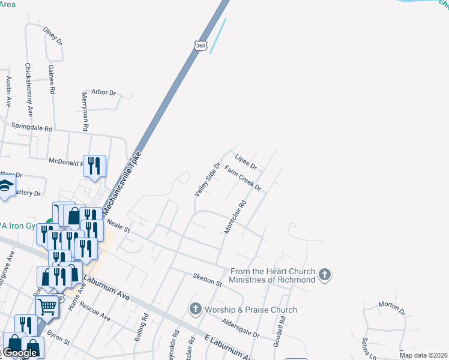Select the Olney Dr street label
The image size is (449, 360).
[x=52, y=35]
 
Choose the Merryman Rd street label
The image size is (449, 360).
[x=85, y=112]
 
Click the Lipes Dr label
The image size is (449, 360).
[x=246, y=162]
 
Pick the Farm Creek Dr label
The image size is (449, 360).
[x=243, y=178]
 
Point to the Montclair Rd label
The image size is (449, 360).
[x=235, y=217]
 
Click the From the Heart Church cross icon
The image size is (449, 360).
[x=325, y=275]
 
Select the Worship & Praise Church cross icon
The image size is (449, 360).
[x=195, y=310]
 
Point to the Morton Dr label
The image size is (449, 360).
[x=392, y=308]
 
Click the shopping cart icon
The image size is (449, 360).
[x=48, y=305]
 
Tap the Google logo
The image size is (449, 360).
[x=19, y=353]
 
